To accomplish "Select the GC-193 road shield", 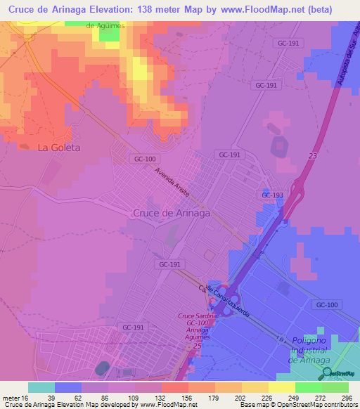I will pyautogui.click(x=268, y=194).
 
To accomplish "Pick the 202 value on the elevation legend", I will pyautogui.click(x=247, y=398).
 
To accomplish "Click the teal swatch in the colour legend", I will pyautogui.click(x=41, y=387).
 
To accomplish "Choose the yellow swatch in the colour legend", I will pyautogui.click(x=282, y=387).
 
